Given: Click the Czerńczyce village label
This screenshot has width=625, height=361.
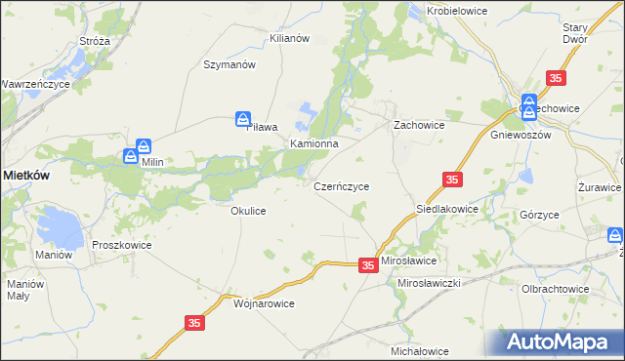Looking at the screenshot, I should click(x=341, y=185).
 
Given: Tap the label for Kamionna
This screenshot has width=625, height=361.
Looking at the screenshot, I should click(x=313, y=143).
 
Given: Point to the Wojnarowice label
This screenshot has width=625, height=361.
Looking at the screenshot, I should click(x=265, y=303).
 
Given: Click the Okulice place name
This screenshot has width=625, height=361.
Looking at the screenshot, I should click(x=248, y=211).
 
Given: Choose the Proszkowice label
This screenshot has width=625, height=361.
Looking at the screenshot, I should click(x=122, y=246).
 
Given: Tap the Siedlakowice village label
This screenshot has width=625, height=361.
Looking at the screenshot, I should click(x=447, y=209).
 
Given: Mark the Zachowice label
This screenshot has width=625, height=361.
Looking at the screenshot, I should click(x=419, y=126).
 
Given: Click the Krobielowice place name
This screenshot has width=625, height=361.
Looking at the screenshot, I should click(x=457, y=11).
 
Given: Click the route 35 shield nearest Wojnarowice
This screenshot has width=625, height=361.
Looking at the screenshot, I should click(x=193, y=321).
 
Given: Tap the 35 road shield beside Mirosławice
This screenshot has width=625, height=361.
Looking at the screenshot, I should click(x=367, y=264).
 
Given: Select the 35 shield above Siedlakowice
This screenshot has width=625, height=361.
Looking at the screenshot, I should click(x=451, y=180).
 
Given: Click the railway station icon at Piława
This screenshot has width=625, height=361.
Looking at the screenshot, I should click(x=243, y=119).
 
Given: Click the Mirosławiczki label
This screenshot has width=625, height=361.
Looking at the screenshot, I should click(x=429, y=282).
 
